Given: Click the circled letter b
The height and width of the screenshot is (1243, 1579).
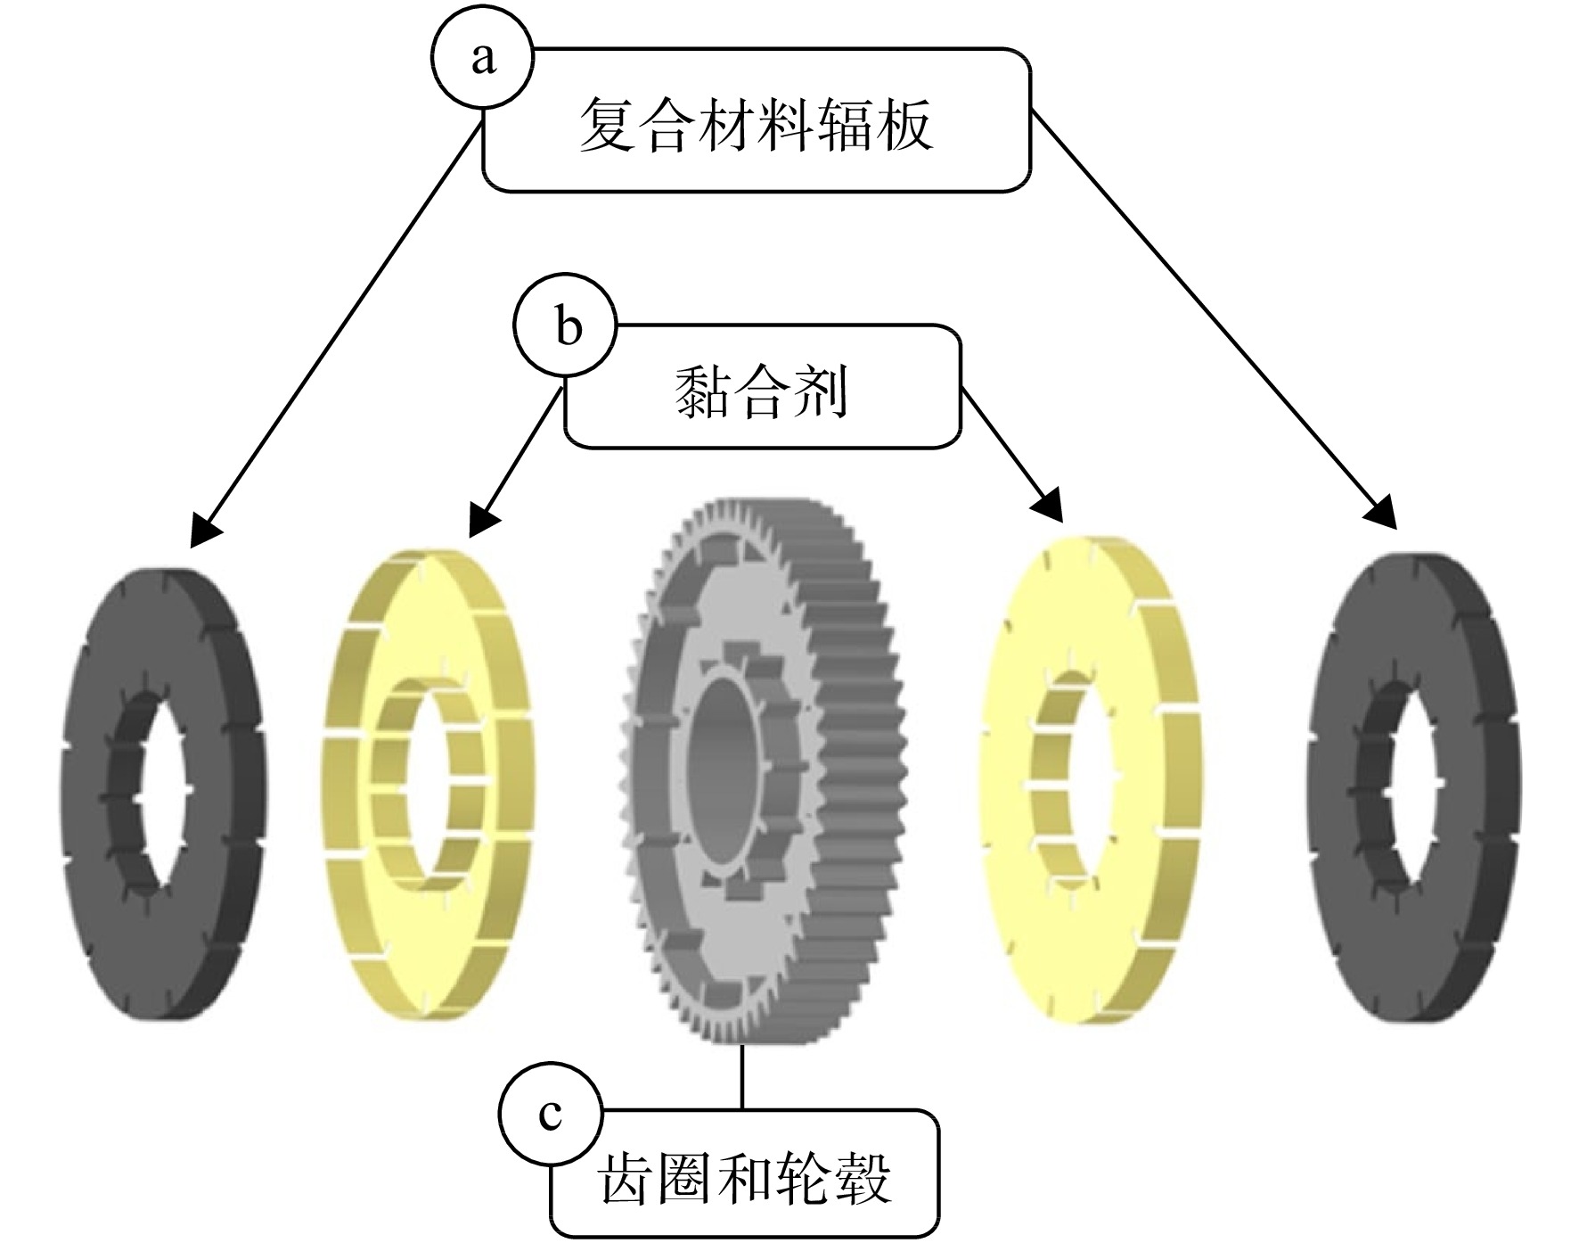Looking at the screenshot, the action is tap(564, 326).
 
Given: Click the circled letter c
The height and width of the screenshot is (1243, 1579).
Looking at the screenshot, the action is tap(551, 1114).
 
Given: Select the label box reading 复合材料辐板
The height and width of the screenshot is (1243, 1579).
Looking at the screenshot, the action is tap(757, 120).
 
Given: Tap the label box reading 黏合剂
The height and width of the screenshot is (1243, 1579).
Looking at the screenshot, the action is tap(762, 386).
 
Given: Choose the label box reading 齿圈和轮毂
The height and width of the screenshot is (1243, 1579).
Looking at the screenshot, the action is tap(744, 1173).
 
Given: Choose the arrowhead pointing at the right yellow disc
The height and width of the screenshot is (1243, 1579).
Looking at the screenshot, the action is tap(1049, 506).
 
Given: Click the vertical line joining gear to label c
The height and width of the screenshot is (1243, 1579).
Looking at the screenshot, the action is tap(742, 1076).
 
